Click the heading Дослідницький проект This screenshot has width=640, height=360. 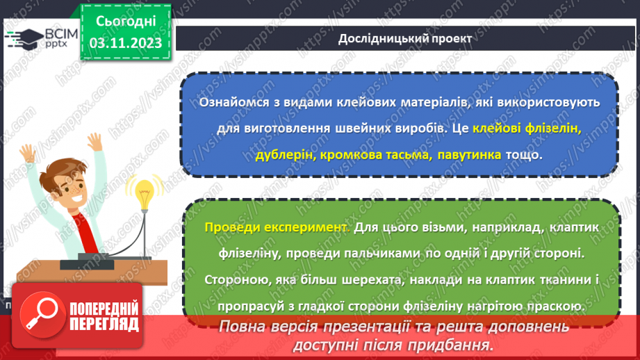[405, 39]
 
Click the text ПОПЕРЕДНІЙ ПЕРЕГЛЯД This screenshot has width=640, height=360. [104, 316]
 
